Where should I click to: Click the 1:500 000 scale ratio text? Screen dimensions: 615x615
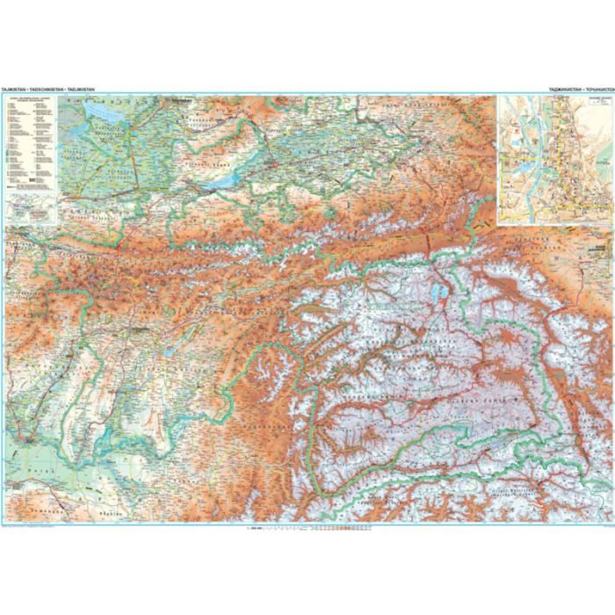pyautogui.click(x=254, y=529)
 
